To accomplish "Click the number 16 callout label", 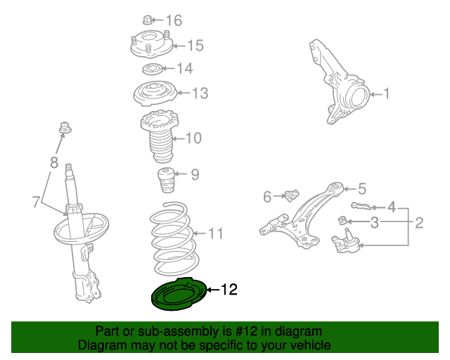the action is [174, 20].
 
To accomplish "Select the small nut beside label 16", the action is [147, 20].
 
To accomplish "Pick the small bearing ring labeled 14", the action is [153, 69].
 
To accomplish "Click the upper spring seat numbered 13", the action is [155, 94].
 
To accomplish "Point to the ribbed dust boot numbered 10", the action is [160, 136].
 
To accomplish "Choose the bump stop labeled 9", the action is [166, 180].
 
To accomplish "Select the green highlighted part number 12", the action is [179, 295].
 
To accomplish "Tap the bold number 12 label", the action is [229, 290].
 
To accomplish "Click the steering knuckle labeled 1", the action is [339, 82].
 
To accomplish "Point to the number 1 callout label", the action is [387, 94].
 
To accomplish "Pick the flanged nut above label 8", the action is [65, 128].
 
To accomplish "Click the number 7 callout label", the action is [36, 202].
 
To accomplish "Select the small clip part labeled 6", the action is [292, 195].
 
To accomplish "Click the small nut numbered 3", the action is [342, 220].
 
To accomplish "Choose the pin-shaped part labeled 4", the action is [361, 205].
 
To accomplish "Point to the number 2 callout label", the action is [419, 222].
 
